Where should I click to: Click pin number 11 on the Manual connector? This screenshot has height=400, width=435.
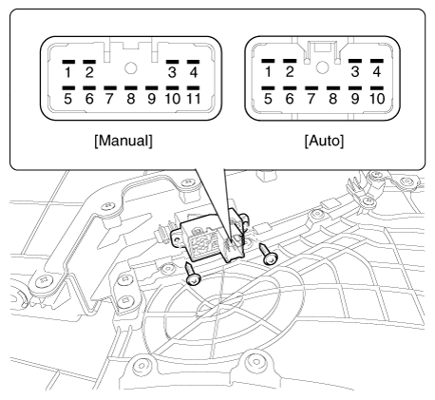tap(194, 99)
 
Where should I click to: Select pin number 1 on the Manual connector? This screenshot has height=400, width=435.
tap(67, 72)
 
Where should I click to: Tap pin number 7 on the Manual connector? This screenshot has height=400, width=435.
tap(109, 99)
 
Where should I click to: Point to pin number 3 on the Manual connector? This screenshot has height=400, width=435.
tap(172, 72)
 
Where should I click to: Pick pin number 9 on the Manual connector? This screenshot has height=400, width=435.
tap(152, 99)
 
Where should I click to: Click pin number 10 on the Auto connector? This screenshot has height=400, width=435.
tap(377, 99)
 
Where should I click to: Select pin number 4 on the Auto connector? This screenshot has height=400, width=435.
tap(377, 71)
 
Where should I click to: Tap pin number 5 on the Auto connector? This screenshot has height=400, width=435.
tap(268, 99)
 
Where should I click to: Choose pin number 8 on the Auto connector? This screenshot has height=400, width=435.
tap(333, 99)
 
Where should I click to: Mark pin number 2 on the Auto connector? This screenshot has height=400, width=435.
tap(290, 71)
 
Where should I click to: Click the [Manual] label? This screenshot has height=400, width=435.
tap(123, 141)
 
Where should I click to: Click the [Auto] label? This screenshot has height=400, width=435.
tap(324, 141)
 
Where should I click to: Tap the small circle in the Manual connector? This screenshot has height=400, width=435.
tap(130, 68)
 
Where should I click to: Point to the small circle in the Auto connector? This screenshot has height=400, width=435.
tap(322, 67)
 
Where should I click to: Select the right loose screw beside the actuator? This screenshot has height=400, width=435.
tap(268, 255)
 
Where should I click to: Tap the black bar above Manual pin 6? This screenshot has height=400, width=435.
tap(89, 88)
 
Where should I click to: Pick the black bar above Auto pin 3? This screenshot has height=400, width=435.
tap(355, 61)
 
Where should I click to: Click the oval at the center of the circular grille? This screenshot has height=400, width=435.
tap(219, 305)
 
